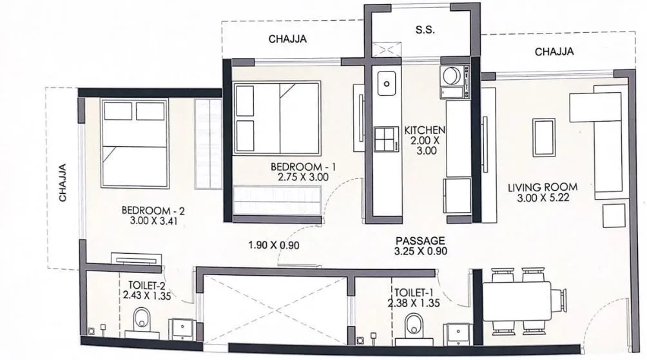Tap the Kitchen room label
click(x=425, y=140)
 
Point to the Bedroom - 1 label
click(x=300, y=171)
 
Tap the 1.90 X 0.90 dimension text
click(x=274, y=245)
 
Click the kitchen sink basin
click(x=387, y=82)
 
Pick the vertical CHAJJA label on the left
click(x=63, y=184)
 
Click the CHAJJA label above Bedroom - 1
click(x=287, y=39)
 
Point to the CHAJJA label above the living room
click(x=554, y=52)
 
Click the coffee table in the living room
click(x=543, y=137)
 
